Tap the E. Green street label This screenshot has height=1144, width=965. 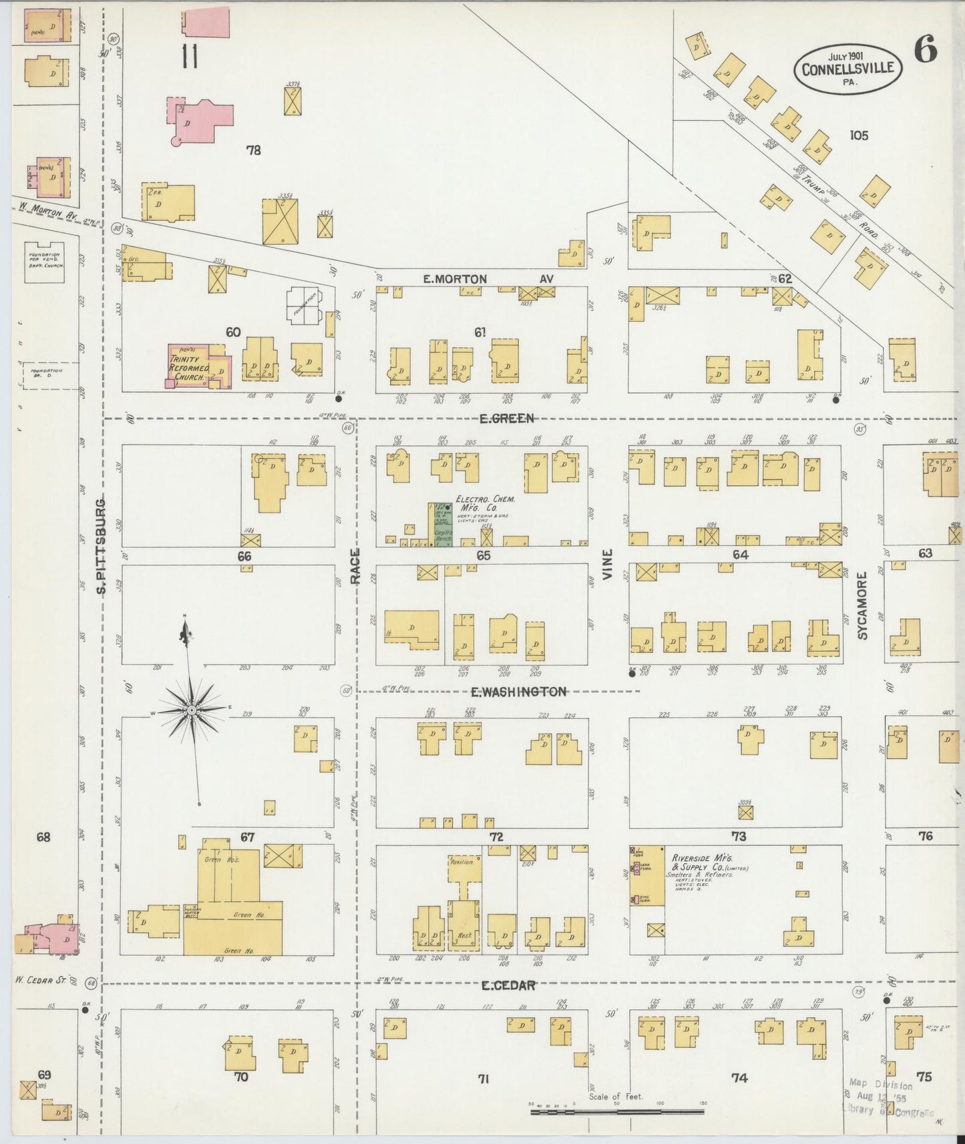pos(508,418)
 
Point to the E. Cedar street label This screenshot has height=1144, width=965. pos(508,985)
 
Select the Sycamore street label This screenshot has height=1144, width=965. pos(862,605)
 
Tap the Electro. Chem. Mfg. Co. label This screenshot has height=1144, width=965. pos(485,503)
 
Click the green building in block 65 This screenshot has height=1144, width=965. pos(440,525)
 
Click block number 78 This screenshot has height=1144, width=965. pos(253,151)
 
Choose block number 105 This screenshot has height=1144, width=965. pos(858,135)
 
